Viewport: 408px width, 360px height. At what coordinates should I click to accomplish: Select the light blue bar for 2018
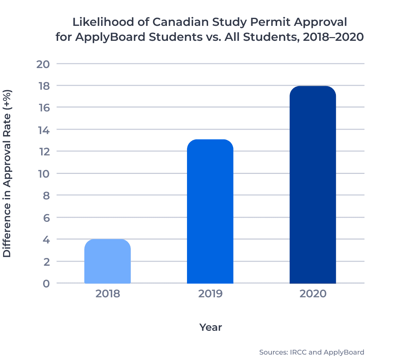pos(107,261)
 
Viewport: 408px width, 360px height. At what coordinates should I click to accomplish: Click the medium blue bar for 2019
pos(210,212)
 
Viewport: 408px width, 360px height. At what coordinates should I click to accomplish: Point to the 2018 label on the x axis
pos(108,294)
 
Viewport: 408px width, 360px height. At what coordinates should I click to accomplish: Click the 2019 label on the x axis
pos(210,294)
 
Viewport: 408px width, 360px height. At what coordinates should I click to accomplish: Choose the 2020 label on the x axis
pos(313,294)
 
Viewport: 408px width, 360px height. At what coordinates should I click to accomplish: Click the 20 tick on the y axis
pos(43,64)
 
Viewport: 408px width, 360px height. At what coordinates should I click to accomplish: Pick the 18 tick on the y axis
pos(43,86)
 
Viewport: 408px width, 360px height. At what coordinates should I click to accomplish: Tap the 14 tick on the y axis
pos(43,130)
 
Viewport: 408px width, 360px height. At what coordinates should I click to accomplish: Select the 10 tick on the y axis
pos(43,174)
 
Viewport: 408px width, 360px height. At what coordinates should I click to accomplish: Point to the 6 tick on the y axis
pos(46,218)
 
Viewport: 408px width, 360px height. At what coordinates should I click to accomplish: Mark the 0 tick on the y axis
pos(46,283)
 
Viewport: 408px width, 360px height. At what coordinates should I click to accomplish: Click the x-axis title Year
pos(210,327)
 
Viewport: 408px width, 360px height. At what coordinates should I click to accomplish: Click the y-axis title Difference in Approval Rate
pos(7,174)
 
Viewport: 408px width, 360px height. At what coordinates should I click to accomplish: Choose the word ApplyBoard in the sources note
pos(344,353)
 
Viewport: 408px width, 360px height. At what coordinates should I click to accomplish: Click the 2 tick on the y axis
pos(46,262)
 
